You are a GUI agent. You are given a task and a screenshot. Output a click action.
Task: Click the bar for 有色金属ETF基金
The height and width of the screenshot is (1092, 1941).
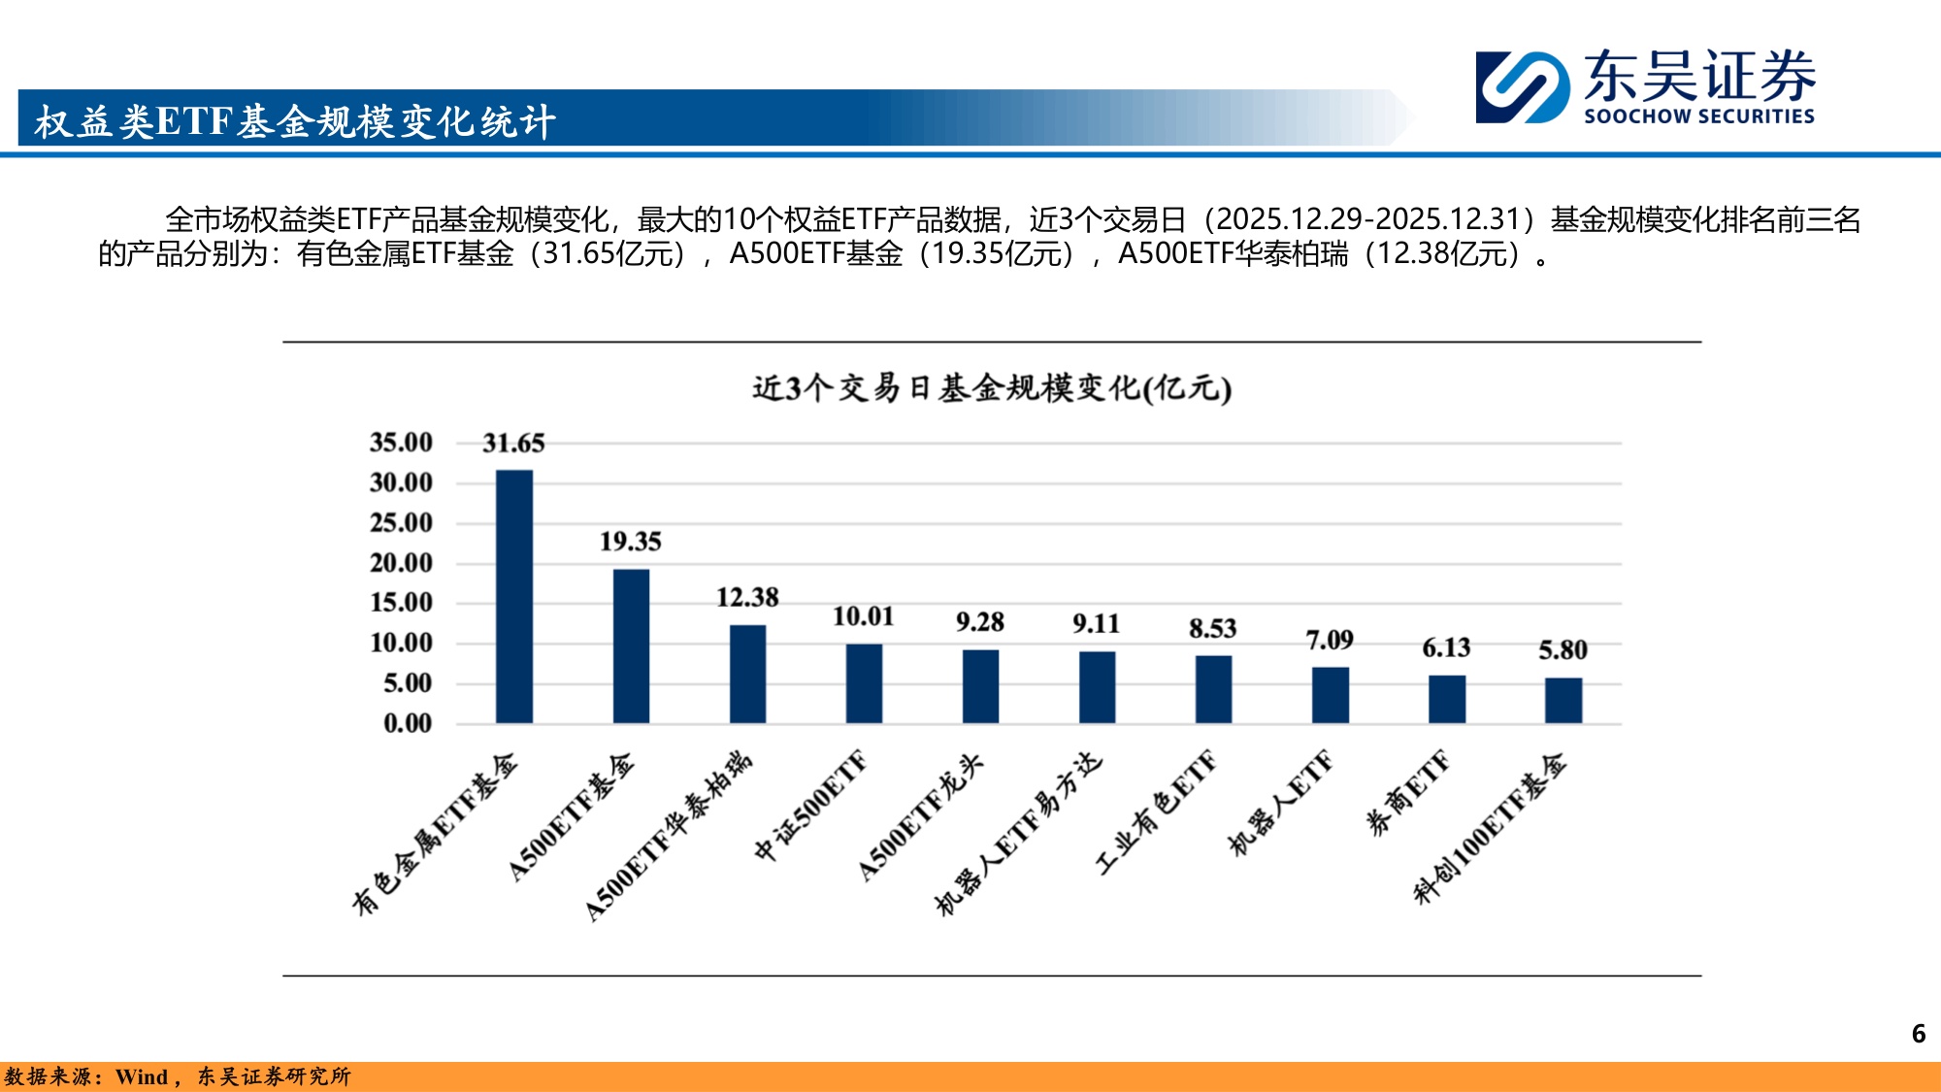click(514, 596)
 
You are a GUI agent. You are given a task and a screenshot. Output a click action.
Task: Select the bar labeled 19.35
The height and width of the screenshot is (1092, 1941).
click(631, 645)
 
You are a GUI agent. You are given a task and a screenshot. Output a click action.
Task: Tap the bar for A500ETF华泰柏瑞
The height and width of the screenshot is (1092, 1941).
click(747, 674)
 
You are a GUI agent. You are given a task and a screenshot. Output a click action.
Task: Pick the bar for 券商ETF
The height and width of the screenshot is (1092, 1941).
click(1447, 699)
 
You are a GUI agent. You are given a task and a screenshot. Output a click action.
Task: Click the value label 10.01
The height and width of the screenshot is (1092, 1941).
click(863, 616)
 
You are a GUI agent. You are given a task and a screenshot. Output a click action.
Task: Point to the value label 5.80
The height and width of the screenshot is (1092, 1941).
click(1563, 649)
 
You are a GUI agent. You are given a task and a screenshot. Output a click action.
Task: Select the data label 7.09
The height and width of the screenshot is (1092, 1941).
click(1330, 640)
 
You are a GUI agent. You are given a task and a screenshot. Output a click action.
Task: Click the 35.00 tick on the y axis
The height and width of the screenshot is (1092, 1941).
click(401, 443)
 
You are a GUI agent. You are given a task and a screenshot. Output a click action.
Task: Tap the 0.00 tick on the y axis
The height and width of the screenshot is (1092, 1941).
click(408, 723)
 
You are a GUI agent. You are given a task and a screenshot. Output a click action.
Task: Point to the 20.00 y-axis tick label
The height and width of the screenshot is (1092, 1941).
click(401, 563)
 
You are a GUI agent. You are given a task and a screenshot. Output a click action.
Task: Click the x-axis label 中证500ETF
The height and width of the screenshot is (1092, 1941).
click(811, 806)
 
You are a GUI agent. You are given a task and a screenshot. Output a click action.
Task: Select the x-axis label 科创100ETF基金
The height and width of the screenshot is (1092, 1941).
click(1490, 827)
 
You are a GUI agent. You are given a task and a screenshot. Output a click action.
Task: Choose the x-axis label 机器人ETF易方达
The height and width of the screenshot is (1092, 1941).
click(1018, 833)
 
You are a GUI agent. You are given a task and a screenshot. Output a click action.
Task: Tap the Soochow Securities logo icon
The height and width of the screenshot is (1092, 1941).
click(1522, 87)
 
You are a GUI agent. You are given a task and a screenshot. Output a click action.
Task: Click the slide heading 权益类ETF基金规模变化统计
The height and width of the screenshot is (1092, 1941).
click(295, 122)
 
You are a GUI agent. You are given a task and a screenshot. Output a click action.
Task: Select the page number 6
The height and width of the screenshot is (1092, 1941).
click(1918, 1034)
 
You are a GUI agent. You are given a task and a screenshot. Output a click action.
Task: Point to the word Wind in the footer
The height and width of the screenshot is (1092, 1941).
click(142, 1076)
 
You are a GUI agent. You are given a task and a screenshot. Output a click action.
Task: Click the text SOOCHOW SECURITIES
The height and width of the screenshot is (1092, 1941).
click(1698, 116)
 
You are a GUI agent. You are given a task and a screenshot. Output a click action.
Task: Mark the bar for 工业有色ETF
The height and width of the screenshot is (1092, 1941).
click(1213, 689)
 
